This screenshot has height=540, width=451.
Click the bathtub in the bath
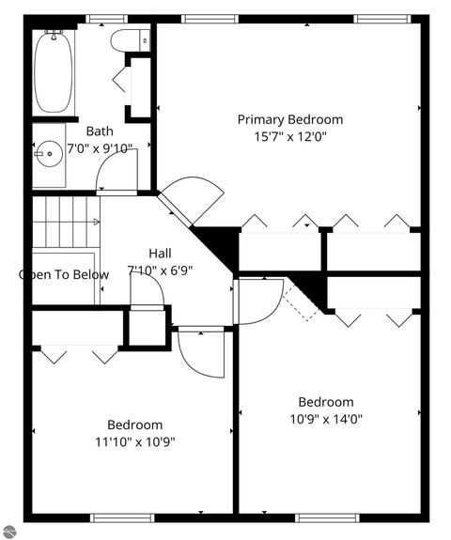coord(54,72)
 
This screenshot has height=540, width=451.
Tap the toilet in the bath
coord(129,40)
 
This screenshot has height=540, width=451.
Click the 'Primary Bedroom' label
coord(289,119)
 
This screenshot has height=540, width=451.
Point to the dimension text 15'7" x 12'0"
coord(289,136)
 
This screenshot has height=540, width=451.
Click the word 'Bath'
coord(100,131)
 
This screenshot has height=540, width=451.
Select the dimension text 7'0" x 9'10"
coord(100,148)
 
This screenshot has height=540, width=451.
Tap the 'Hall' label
coord(160,254)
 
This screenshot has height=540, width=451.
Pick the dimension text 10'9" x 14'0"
coord(326,419)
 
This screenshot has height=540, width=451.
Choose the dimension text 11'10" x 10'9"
coord(134,441)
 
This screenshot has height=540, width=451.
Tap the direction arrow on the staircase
coord(96,222)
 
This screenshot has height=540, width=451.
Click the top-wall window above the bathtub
coord(106,19)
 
